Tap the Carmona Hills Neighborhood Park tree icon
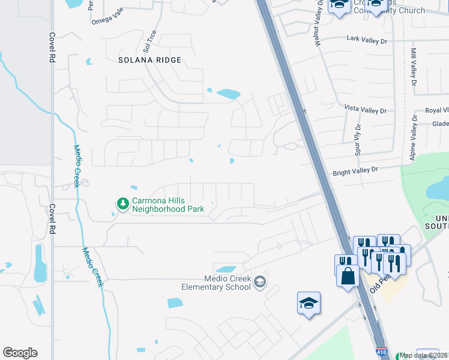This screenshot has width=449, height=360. point(122,204)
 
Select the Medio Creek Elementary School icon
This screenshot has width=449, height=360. point(260,282)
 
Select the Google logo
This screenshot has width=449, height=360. point(20,353)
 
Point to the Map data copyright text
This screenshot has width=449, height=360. point(423,356)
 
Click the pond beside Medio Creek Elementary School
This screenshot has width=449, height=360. point(225,269)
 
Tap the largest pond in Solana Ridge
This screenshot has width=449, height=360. point(229,94)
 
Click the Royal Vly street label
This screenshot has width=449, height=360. point(436,110)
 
